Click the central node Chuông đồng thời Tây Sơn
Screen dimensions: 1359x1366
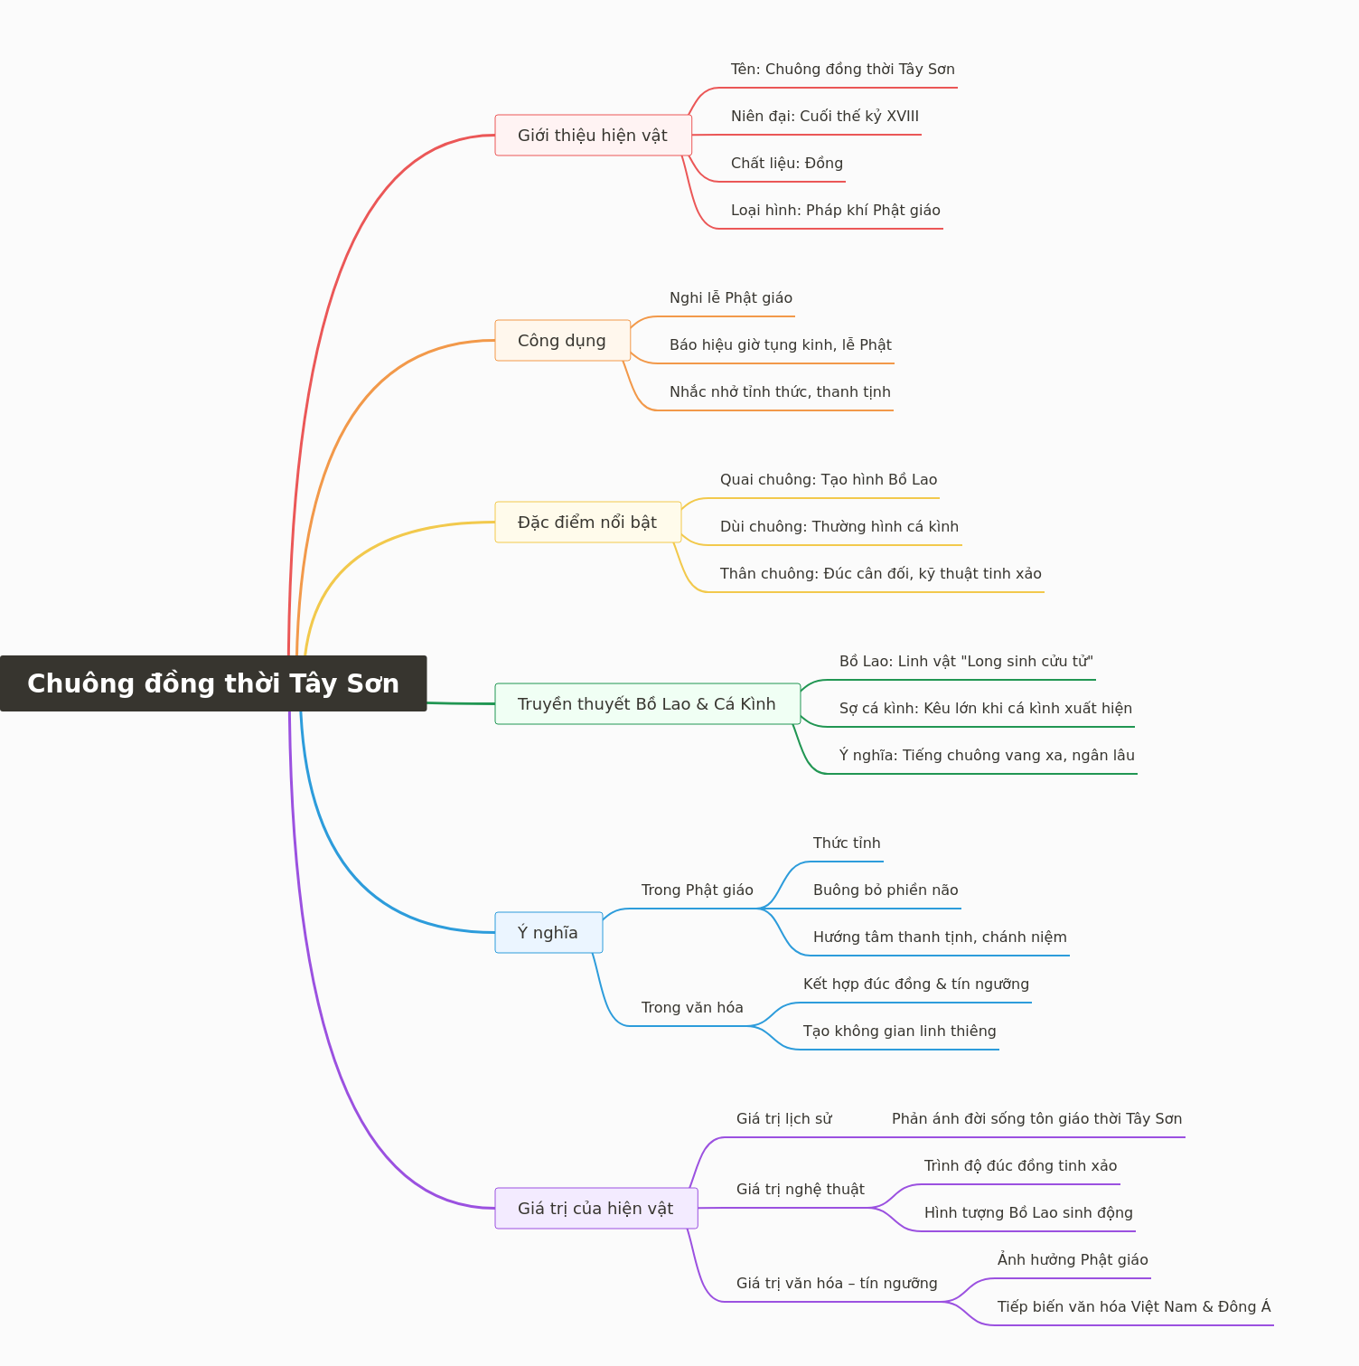(x=213, y=683)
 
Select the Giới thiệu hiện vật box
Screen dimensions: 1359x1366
(x=594, y=136)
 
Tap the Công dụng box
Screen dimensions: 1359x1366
(x=563, y=341)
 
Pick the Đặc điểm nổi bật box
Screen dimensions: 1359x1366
(x=588, y=523)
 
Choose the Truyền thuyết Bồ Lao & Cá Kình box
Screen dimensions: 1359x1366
(x=648, y=704)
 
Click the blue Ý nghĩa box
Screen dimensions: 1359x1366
(x=548, y=933)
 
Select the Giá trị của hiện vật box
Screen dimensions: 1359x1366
(x=596, y=1209)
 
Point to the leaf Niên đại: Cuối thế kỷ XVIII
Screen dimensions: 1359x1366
(x=825, y=117)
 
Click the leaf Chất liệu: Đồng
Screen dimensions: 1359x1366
(x=787, y=164)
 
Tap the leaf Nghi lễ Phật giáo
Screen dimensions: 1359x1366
(x=731, y=298)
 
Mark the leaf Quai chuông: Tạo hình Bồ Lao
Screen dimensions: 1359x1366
(x=829, y=480)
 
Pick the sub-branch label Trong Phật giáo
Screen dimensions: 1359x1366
(x=698, y=890)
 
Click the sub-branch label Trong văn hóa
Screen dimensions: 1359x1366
(x=692, y=1008)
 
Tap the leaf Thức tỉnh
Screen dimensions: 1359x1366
(x=847, y=843)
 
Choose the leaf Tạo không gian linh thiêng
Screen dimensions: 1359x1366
(x=900, y=1032)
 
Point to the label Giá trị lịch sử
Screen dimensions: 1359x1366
(x=784, y=1119)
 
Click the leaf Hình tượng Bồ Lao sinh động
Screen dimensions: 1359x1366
(x=1028, y=1213)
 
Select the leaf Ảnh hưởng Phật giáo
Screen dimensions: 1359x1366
(x=1073, y=1260)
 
